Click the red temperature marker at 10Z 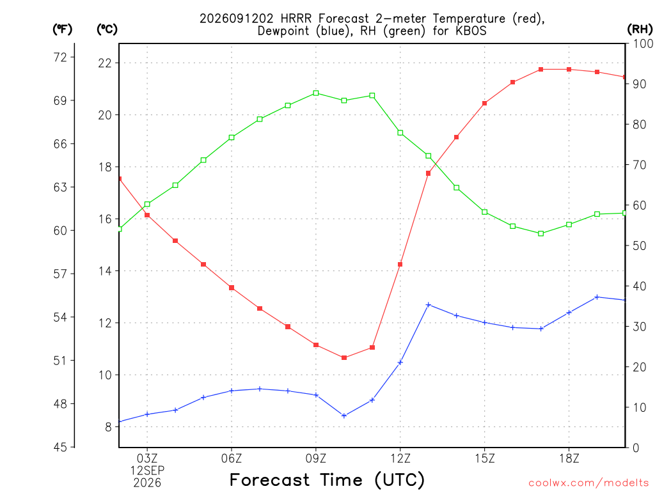click(343, 358)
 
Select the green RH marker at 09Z click(316, 93)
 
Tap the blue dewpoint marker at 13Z click(428, 305)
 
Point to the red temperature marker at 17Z click(541, 69)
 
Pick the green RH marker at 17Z click(541, 234)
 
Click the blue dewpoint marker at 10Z click(343, 416)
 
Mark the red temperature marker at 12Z click(400, 264)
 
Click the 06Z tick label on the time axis click(232, 458)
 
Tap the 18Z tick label click(569, 458)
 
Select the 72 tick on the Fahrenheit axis click(61, 57)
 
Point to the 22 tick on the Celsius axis click(106, 63)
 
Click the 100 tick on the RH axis click(643, 43)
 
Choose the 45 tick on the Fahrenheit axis click(61, 447)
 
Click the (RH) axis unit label click(640, 29)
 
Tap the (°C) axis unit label click(107, 29)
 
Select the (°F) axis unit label click(62, 29)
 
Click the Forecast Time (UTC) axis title click(327, 480)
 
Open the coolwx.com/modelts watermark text click(589, 483)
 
